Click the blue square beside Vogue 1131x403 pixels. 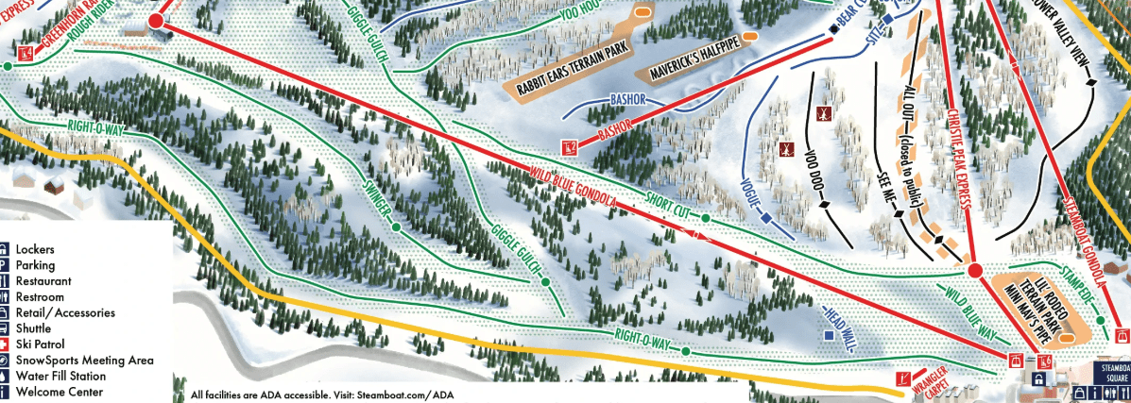[x=766, y=219]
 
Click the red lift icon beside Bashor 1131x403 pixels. [x=569, y=147]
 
